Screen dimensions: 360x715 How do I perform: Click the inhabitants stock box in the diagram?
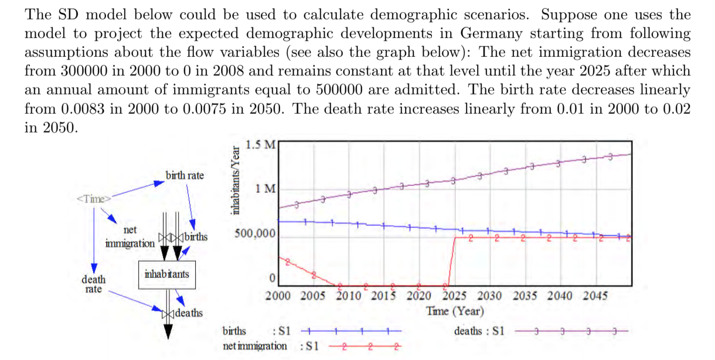click(x=166, y=274)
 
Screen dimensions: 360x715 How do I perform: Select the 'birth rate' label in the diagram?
click(x=185, y=175)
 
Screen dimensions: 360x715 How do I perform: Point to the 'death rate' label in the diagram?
click(x=93, y=284)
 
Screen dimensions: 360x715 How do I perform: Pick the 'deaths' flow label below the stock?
click(x=189, y=313)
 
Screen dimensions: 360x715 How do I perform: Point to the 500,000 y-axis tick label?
click(x=254, y=233)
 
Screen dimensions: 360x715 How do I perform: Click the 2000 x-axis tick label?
click(x=278, y=296)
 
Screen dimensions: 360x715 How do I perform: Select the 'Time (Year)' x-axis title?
click(x=455, y=311)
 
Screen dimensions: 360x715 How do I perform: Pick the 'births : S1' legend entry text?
click(x=257, y=331)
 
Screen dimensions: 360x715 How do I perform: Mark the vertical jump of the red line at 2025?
click(x=450, y=261)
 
